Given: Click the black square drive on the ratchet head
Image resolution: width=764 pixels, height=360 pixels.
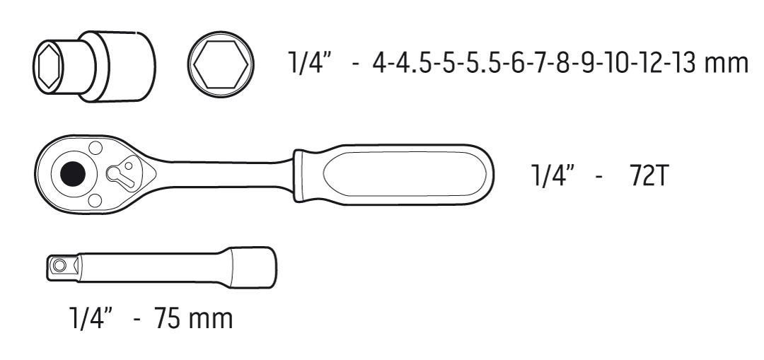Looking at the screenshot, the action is click(73, 173).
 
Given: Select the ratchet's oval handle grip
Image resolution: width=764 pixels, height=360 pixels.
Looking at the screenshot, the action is click(393, 174).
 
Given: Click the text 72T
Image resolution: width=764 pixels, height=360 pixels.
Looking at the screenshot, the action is click(647, 176).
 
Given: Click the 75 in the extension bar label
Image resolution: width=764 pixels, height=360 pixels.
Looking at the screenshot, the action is click(167, 318).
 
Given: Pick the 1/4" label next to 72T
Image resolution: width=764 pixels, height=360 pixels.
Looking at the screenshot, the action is click(553, 176).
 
